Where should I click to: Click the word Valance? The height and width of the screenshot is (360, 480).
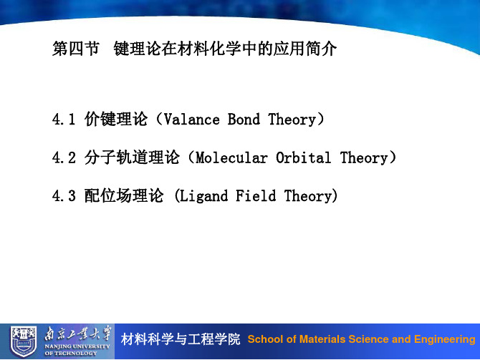click(192, 120)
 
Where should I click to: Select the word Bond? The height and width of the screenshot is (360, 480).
click(244, 120)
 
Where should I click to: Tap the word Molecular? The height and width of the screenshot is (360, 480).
click(231, 158)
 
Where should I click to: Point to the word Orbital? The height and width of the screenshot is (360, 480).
click(303, 158)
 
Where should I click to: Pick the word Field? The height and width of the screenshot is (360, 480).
click(256, 196)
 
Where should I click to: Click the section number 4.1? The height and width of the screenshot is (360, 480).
click(64, 120)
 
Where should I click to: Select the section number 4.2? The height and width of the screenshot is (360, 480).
click(64, 158)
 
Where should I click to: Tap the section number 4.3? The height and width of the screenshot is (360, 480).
click(64, 196)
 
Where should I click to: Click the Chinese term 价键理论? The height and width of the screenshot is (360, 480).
click(116, 120)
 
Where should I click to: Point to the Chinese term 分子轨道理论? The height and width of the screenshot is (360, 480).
click(132, 157)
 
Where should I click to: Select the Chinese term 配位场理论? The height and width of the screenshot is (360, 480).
click(124, 196)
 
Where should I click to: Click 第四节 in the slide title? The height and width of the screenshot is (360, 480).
click(76, 49)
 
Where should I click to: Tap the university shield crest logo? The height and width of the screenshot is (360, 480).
click(23, 341)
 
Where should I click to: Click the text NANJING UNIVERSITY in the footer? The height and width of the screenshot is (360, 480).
click(77, 346)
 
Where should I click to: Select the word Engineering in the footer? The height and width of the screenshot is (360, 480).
click(445, 339)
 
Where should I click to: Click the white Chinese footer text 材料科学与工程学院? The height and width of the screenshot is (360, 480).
click(181, 339)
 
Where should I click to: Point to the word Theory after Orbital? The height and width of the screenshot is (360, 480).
click(364, 158)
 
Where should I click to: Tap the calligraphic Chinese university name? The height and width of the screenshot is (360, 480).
click(78, 333)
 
